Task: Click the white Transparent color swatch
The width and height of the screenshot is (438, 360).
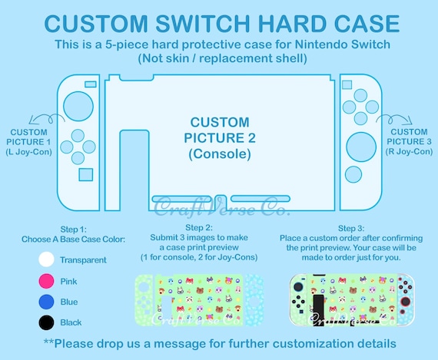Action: [46, 259]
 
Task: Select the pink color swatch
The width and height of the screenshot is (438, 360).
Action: [46, 281]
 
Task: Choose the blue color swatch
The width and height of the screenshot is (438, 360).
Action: [46, 302]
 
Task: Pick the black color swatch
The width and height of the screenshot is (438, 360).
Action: [46, 322]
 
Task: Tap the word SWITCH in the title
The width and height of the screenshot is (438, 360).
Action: [203, 24]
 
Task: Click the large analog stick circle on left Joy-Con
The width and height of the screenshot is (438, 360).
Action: [78, 106]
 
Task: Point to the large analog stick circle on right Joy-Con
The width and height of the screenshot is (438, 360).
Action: [361, 147]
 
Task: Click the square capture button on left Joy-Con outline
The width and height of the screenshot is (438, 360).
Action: [86, 175]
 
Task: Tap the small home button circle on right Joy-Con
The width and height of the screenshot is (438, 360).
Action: [353, 174]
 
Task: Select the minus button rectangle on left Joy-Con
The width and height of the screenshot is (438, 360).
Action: [91, 84]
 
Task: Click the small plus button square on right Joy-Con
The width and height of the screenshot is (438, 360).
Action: [347, 84]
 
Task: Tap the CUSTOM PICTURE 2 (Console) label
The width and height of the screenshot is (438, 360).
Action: [220, 138]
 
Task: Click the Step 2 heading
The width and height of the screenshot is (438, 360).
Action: [199, 227]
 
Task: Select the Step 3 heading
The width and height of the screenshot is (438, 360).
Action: [351, 228]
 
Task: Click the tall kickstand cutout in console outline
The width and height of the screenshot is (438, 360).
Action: [134, 170]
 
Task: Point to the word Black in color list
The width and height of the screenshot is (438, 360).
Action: [71, 322]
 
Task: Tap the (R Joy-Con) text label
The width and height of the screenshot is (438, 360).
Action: [410, 151]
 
